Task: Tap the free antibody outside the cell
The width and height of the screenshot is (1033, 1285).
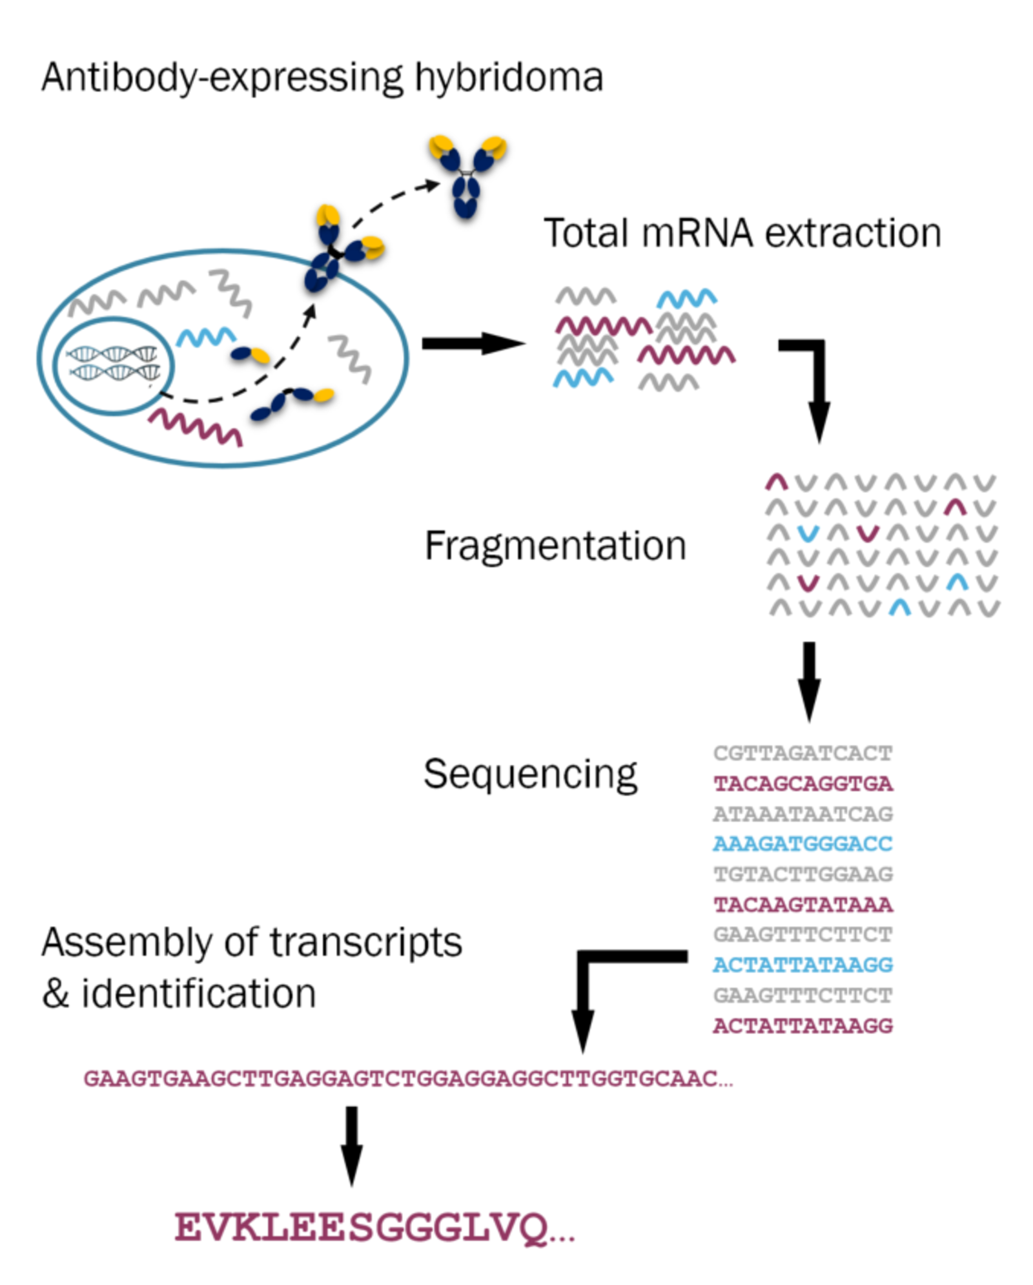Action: (x=467, y=174)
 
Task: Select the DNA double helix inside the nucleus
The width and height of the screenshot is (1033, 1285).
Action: (x=114, y=363)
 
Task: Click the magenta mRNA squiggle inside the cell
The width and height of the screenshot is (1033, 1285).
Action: (x=196, y=426)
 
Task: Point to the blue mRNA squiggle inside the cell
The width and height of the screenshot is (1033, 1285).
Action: (x=206, y=337)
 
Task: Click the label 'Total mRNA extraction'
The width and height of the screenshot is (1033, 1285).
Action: (x=742, y=233)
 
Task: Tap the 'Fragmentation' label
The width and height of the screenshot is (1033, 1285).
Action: (x=555, y=546)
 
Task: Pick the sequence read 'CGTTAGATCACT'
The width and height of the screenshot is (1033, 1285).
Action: (x=803, y=754)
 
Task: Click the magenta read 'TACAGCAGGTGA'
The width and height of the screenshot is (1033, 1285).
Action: (x=803, y=784)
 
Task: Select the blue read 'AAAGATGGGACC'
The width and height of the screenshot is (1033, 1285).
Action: (x=803, y=844)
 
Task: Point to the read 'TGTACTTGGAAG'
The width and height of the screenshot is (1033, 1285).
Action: (x=803, y=874)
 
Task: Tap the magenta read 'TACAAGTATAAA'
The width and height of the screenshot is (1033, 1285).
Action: (x=803, y=905)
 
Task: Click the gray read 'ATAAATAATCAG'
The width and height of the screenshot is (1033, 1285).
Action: (x=803, y=814)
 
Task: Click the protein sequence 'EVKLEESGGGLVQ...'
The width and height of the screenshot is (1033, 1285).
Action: (x=374, y=1228)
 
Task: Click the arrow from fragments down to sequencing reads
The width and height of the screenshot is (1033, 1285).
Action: (x=809, y=681)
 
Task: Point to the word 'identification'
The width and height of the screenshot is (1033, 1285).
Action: (x=198, y=994)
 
